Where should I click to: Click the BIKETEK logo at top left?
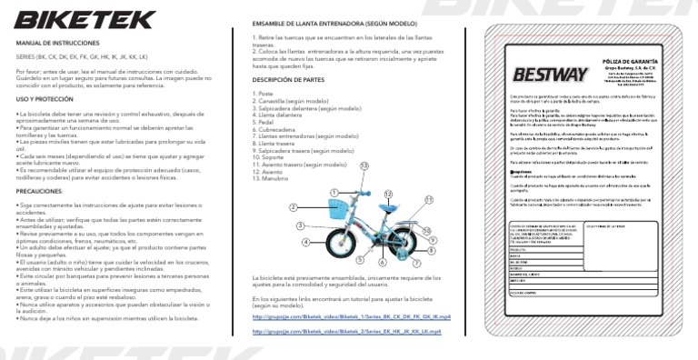[71, 19]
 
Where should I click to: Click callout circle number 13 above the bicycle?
[364, 165]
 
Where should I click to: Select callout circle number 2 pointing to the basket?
[293, 208]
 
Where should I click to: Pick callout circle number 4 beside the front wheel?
[306, 242]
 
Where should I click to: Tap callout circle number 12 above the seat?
[388, 194]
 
